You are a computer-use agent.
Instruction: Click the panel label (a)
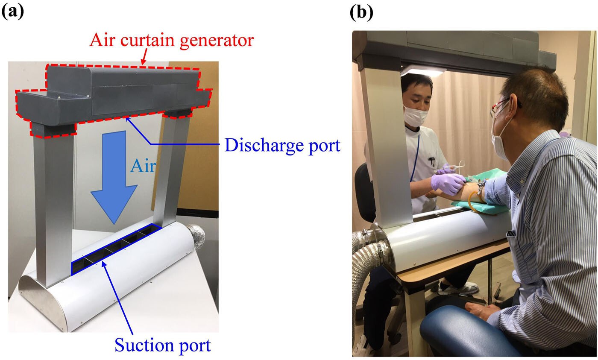pyautogui.click(x=13, y=12)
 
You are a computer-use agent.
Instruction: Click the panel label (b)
pyautogui.click(x=361, y=12)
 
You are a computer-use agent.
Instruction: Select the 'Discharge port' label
pyautogui.click(x=282, y=146)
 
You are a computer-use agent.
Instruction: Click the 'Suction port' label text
pyautogui.click(x=163, y=345)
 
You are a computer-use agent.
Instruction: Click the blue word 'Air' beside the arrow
pyautogui.click(x=143, y=166)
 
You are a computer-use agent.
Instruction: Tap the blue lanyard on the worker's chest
pyautogui.click(x=415, y=158)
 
